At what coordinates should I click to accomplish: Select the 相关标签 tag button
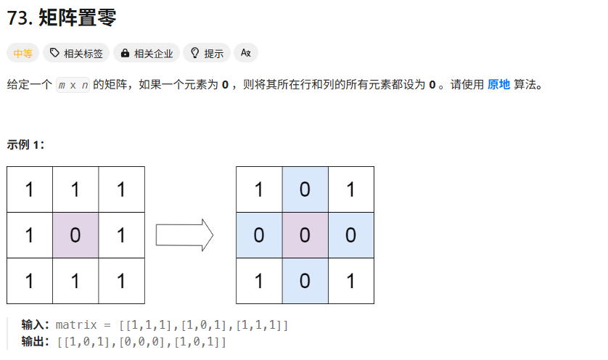click(75, 53)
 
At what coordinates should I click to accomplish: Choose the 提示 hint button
click(207, 53)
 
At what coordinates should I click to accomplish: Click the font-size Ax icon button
click(246, 53)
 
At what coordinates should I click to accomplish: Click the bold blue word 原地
click(498, 85)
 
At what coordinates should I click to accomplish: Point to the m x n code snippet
click(73, 86)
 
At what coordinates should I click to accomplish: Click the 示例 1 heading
click(26, 144)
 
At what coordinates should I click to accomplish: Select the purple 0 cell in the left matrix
click(75, 235)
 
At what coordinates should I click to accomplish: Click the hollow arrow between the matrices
click(184, 235)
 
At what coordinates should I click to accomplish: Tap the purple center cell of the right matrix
click(305, 235)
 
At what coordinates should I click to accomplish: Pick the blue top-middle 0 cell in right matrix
click(305, 189)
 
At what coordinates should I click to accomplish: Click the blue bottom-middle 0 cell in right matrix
click(305, 281)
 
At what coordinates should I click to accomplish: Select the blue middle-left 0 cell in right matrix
click(259, 235)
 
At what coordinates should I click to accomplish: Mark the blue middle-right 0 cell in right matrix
click(351, 235)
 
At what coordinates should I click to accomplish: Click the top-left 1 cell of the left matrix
click(30, 189)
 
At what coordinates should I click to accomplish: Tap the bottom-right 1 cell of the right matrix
click(351, 281)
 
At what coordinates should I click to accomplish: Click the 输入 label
click(35, 324)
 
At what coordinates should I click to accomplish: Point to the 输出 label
click(35, 341)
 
